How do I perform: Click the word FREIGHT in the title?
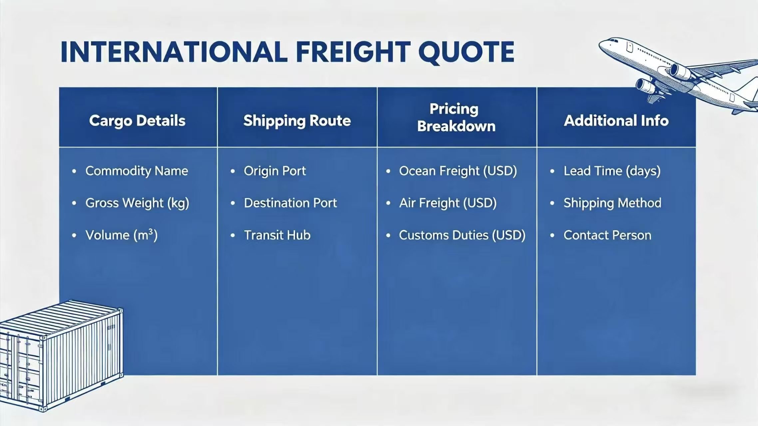click(353, 52)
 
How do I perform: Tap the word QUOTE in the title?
click(466, 53)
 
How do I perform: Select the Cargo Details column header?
click(137, 120)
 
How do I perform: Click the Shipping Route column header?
click(297, 120)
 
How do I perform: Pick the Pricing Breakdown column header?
click(456, 117)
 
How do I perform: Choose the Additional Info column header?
click(616, 120)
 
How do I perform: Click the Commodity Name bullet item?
click(137, 171)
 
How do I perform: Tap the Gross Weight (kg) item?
click(137, 203)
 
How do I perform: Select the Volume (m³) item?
click(121, 235)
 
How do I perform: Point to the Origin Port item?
click(275, 171)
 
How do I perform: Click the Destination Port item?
click(290, 203)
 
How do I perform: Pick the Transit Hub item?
click(277, 235)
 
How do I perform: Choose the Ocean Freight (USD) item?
click(458, 171)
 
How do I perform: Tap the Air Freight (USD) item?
click(448, 203)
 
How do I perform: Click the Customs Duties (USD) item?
click(462, 235)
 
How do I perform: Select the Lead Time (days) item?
click(612, 171)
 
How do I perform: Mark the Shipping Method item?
click(612, 203)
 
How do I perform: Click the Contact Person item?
click(607, 235)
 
